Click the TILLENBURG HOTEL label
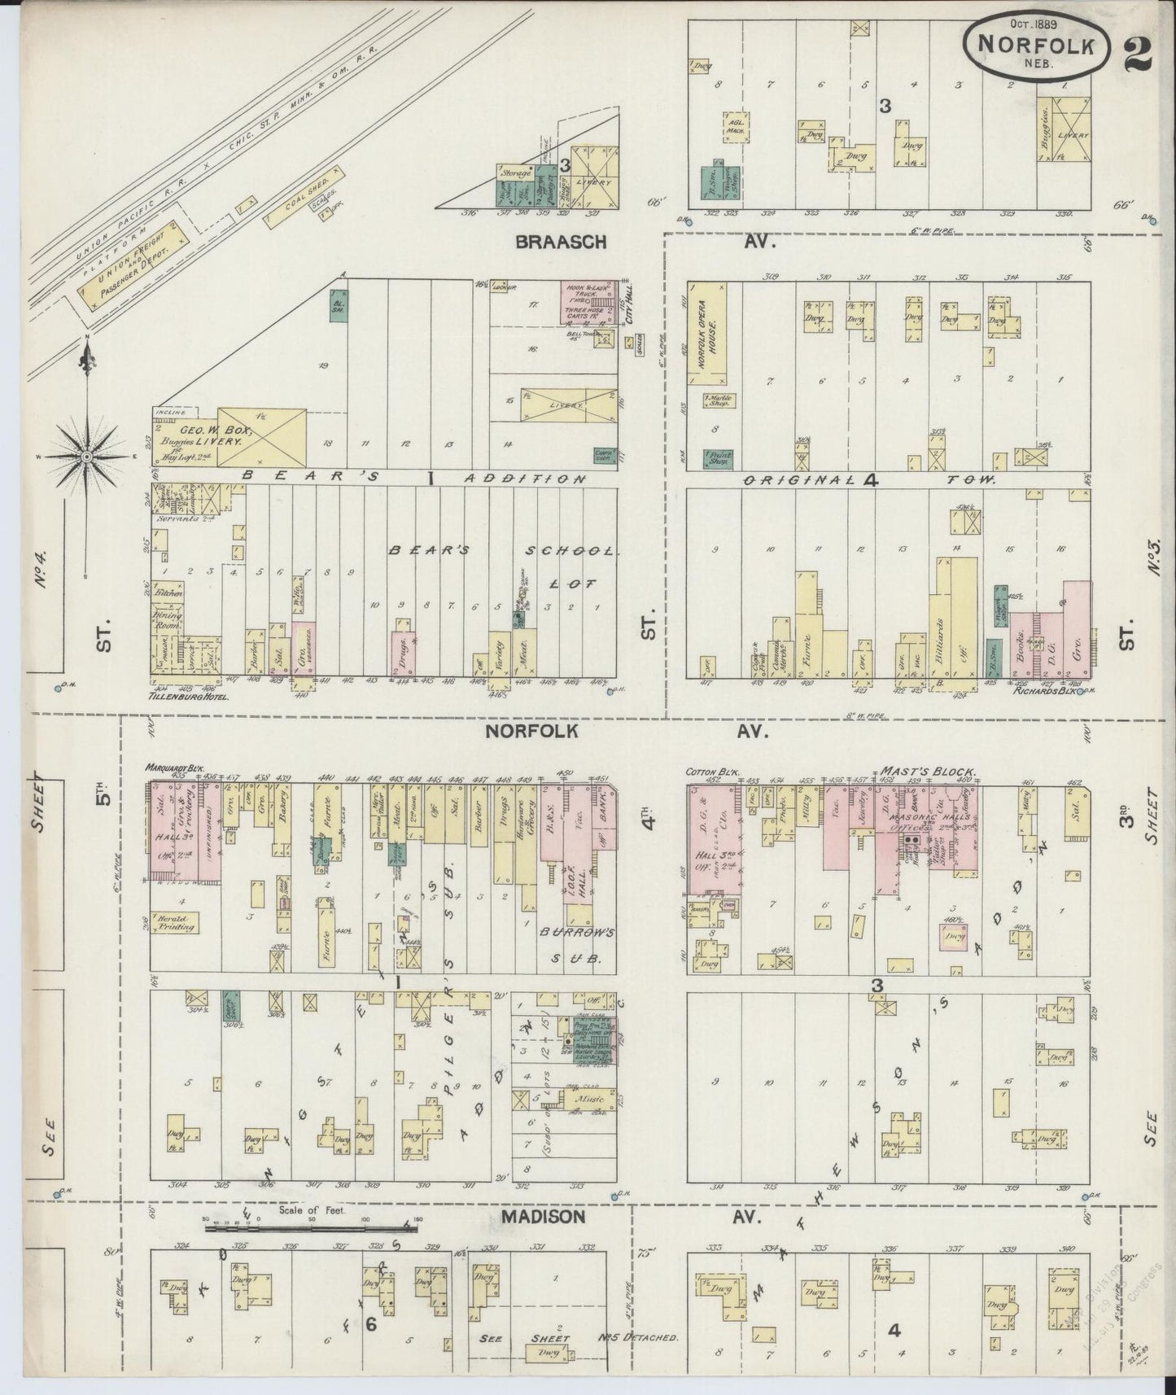click(x=186, y=697)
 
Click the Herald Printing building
click(x=175, y=921)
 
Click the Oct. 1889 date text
click(x=1034, y=23)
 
